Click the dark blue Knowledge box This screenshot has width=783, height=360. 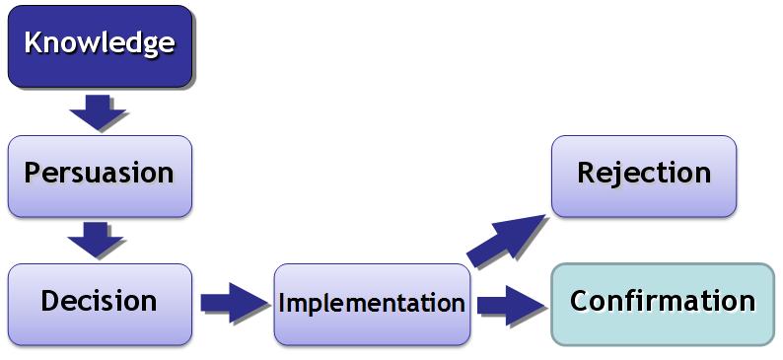[x=100, y=46]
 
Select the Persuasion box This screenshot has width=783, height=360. [x=100, y=177]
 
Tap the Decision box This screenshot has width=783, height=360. [x=100, y=305]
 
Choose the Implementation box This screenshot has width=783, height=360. [x=372, y=305]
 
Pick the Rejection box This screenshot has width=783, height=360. [x=644, y=177]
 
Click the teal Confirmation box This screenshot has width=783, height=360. [x=663, y=304]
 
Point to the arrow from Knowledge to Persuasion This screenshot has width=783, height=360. [x=98, y=111]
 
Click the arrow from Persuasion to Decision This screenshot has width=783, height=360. [x=96, y=240]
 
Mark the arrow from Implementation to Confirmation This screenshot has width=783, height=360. [x=511, y=305]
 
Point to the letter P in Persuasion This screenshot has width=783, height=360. [x=33, y=173]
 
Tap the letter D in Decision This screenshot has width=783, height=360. [x=49, y=301]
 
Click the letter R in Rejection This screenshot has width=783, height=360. [x=586, y=173]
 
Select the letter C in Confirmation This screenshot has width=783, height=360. [x=579, y=301]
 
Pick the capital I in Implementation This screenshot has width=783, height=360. [x=282, y=303]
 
